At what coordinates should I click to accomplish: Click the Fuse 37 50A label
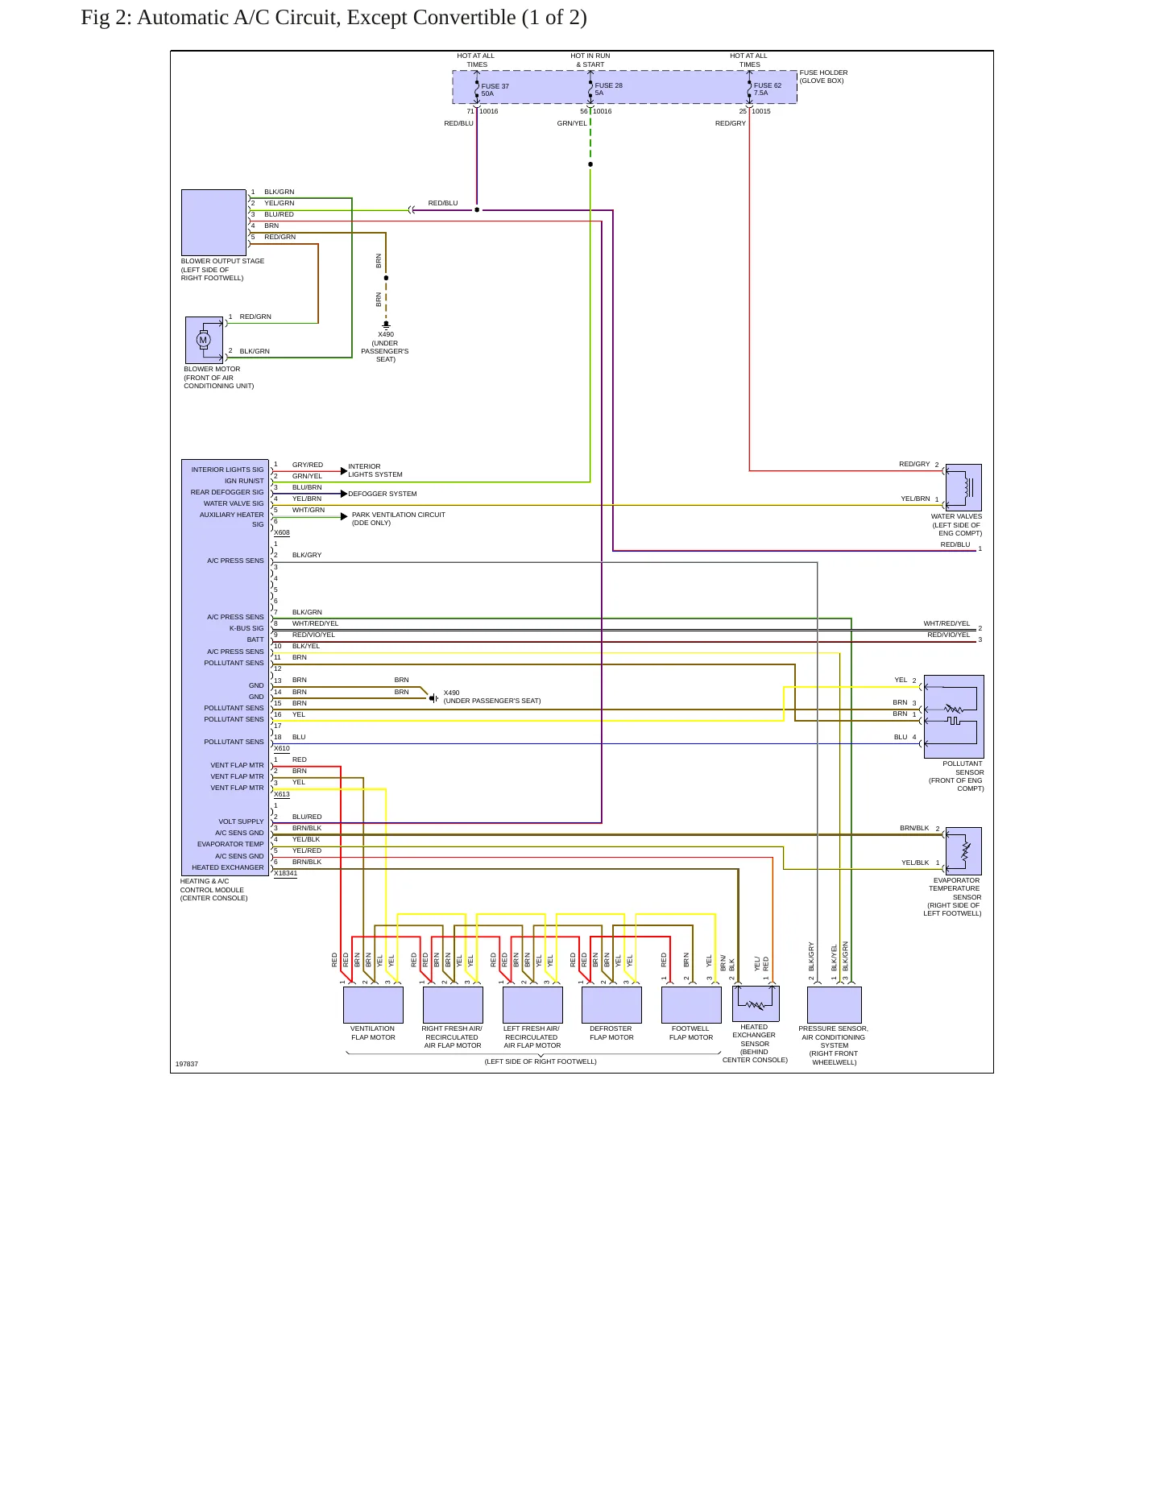point(495,90)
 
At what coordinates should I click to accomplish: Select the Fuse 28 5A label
point(608,89)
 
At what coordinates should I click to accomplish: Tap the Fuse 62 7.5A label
point(768,89)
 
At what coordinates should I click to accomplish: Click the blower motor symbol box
point(204,340)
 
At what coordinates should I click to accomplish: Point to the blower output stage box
point(213,222)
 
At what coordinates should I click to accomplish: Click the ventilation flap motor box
point(373,1005)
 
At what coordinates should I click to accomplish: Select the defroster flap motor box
point(611,1005)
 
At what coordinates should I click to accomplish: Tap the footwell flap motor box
point(691,1005)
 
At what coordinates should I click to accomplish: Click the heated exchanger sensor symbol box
point(756,1003)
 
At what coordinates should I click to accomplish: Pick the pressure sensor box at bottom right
point(835,1005)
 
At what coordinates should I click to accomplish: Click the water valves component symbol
point(963,487)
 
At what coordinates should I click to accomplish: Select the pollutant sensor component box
point(954,717)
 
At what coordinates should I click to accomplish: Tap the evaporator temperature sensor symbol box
point(963,851)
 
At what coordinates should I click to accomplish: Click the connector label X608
point(282,533)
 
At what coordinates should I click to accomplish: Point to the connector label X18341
point(285,874)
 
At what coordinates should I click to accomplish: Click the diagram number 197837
point(187,1064)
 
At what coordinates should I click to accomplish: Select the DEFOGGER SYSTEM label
point(383,494)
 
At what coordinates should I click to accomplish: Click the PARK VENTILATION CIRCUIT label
point(399,515)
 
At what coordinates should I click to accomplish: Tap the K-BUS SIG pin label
point(246,628)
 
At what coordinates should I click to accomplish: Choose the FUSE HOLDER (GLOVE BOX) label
point(823,77)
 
